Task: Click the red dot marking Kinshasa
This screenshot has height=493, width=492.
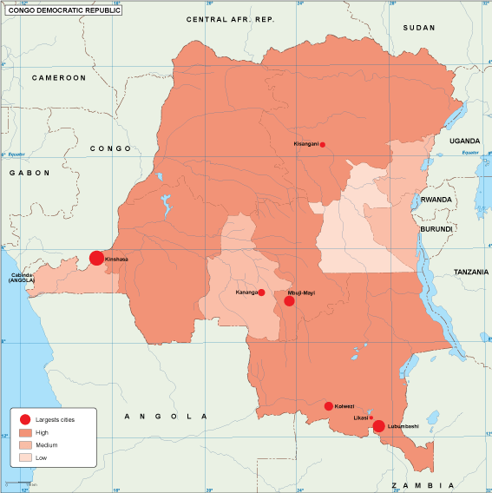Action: (x=96, y=258)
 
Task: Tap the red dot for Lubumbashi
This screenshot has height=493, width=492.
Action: (x=379, y=425)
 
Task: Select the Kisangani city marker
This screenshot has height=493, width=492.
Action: (x=323, y=144)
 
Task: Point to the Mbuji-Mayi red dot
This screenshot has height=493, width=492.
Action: (x=289, y=300)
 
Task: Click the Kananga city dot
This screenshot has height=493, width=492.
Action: (x=261, y=293)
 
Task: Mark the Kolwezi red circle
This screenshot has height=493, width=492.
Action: (x=328, y=405)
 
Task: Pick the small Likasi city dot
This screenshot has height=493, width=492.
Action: (x=371, y=417)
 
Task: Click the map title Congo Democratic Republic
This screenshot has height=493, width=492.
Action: (x=63, y=10)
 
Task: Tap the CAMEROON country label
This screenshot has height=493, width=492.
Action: (x=59, y=77)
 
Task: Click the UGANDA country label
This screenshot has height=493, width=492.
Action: (x=464, y=140)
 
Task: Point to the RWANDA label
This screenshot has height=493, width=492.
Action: (x=436, y=199)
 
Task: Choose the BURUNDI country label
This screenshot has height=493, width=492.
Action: (x=436, y=228)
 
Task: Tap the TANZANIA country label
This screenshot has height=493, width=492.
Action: (x=472, y=272)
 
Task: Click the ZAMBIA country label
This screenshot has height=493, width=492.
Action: (x=422, y=484)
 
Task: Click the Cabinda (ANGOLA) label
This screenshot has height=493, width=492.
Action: (x=22, y=278)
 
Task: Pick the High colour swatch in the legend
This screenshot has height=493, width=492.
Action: (x=25, y=431)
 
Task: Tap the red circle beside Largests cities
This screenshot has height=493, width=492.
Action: (x=25, y=418)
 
